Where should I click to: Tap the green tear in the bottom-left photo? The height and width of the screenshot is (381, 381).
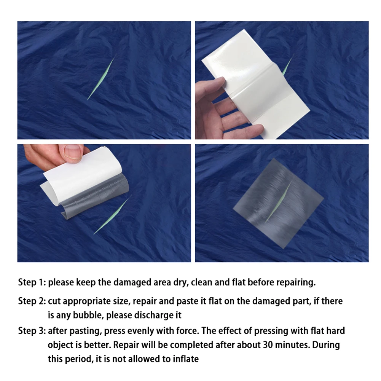pos(112,215)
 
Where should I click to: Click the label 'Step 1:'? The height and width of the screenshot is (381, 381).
pos(32,282)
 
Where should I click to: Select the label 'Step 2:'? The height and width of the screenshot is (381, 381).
pos(32,301)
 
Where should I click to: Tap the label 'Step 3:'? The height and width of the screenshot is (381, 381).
pos(32,330)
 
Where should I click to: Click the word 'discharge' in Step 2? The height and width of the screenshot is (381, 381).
pos(152,315)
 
